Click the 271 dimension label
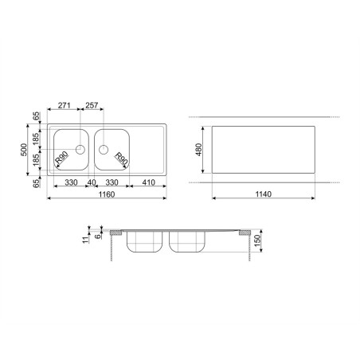tap(64, 105)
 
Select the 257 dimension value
tap(92, 105)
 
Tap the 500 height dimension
tap(24, 150)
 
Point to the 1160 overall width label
tap(107, 194)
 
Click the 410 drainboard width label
tap(148, 182)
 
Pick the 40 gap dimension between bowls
tap(92, 182)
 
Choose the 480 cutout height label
tap(198, 150)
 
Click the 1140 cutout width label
tap(264, 194)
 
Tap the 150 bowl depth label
tap(258, 241)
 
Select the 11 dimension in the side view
tap(85, 240)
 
